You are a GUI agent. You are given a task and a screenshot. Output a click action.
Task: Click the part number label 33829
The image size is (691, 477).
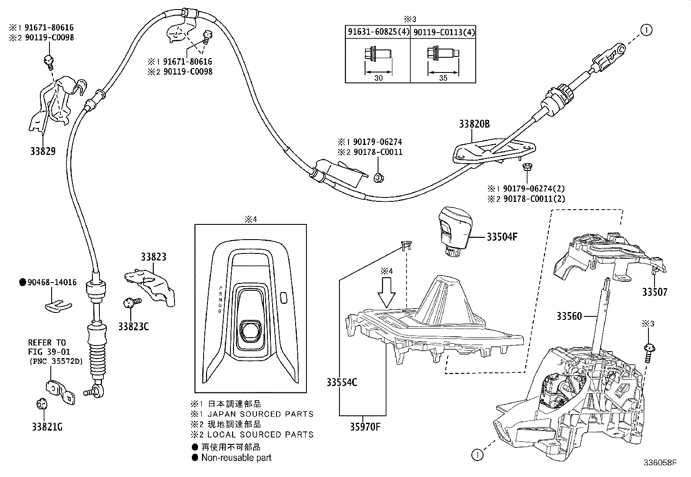point(43,151)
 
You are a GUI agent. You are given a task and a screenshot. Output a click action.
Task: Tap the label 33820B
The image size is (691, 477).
point(474,124)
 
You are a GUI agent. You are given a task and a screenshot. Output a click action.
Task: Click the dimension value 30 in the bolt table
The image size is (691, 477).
point(378,78)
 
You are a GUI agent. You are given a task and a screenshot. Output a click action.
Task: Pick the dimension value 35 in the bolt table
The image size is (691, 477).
point(443,78)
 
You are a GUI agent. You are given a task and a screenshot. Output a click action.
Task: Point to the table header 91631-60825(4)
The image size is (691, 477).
point(378,32)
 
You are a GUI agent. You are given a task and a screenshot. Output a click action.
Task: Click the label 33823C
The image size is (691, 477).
point(133,326)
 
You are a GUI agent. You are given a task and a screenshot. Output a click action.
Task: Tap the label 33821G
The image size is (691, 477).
point(46,427)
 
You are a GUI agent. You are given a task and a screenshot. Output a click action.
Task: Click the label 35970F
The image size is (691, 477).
point(365,427)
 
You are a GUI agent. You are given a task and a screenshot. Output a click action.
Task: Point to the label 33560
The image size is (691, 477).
point(569,316)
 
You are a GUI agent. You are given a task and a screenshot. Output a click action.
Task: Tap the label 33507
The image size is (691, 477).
point(655,293)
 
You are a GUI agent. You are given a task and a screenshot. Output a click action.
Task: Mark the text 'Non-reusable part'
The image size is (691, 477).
point(236,457)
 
